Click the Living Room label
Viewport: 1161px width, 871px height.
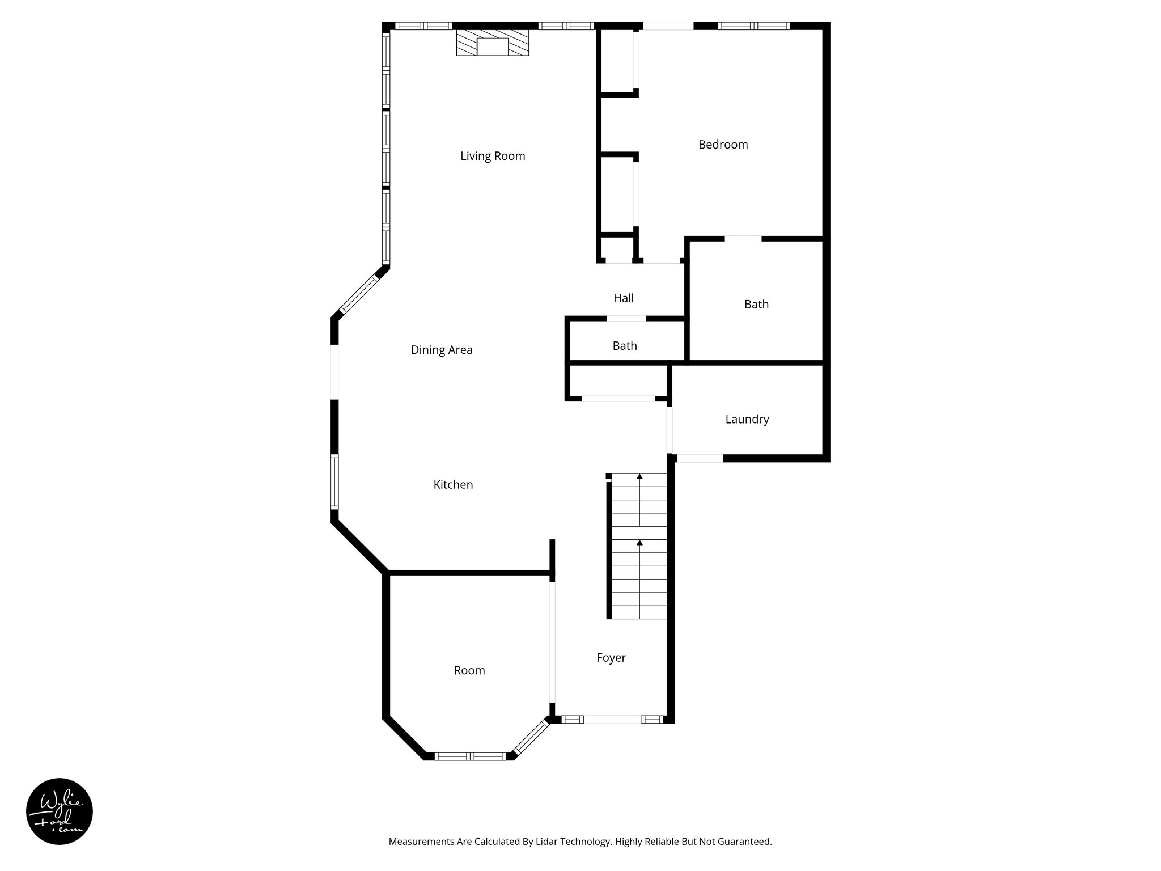click(x=493, y=156)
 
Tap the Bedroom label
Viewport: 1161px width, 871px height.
click(x=723, y=145)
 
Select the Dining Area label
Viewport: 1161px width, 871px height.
click(x=442, y=350)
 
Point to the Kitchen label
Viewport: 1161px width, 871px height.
click(x=453, y=484)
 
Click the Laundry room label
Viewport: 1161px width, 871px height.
click(x=747, y=419)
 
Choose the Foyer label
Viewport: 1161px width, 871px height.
click(x=611, y=657)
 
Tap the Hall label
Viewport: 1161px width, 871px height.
click(x=624, y=298)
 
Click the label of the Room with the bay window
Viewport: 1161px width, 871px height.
click(x=469, y=670)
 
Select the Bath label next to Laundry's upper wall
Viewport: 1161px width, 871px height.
click(x=756, y=305)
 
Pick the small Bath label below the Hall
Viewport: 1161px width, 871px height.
click(x=625, y=345)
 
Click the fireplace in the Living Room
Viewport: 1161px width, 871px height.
click(x=493, y=43)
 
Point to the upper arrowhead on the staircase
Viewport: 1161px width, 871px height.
click(x=639, y=477)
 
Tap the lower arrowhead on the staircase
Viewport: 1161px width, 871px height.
click(x=639, y=543)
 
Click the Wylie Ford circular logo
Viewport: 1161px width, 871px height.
click(x=60, y=811)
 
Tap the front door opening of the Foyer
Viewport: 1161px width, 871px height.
click(x=612, y=720)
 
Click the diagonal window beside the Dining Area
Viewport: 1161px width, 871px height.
click(x=359, y=294)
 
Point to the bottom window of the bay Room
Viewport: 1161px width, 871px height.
click(x=470, y=756)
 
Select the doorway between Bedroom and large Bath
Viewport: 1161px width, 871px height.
click(x=743, y=239)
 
